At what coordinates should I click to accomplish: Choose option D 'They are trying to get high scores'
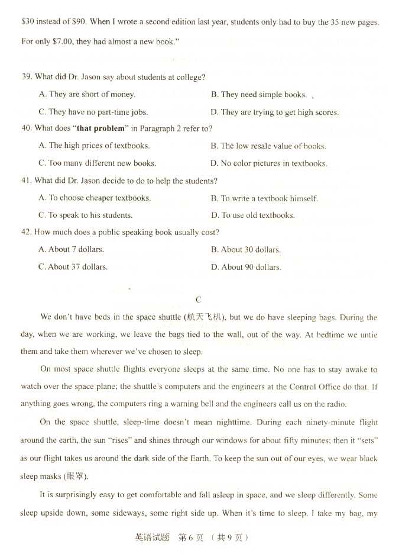(x=274, y=112)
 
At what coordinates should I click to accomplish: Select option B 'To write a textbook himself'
(x=264, y=199)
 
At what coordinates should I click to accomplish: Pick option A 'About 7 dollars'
(x=71, y=250)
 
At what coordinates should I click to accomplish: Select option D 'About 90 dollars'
(x=245, y=268)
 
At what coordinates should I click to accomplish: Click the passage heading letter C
(x=199, y=300)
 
